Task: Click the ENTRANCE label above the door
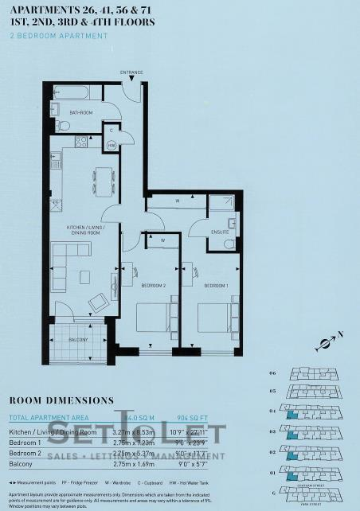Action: pyautogui.click(x=131, y=73)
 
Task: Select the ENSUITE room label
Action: pyautogui.click(x=220, y=232)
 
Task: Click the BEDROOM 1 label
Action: pyautogui.click(x=215, y=285)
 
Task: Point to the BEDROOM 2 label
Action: pyautogui.click(x=154, y=285)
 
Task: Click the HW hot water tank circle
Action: pyautogui.click(x=112, y=146)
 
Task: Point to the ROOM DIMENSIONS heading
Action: pyautogui.click(x=61, y=400)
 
